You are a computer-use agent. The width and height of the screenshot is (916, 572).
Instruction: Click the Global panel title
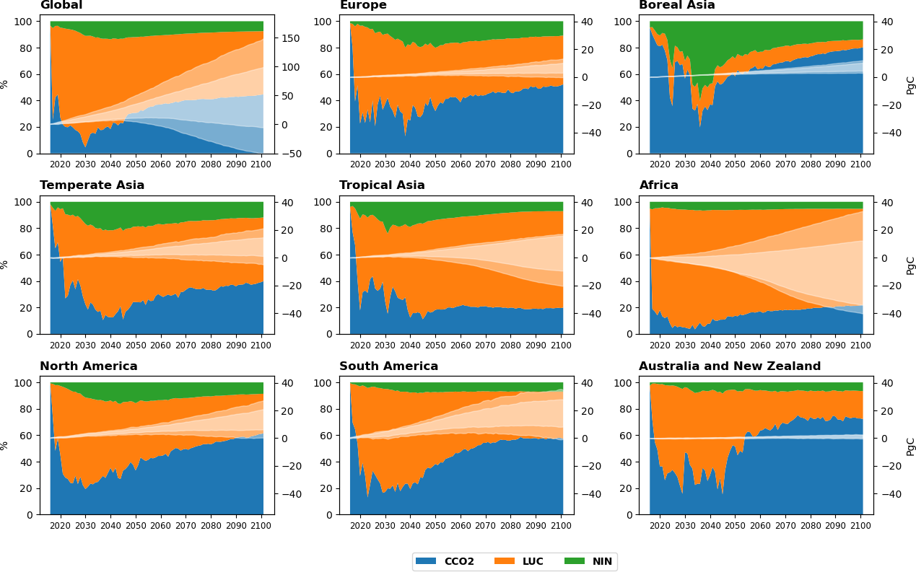pyautogui.click(x=61, y=5)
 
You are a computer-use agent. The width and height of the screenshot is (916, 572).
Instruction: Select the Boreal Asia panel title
pyautogui.click(x=676, y=5)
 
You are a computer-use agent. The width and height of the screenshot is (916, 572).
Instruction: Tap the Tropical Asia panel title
pyautogui.click(x=382, y=185)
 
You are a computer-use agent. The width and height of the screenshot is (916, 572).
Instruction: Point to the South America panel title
pyautogui.click(x=388, y=366)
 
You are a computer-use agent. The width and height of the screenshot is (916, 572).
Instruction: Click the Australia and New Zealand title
pyautogui.click(x=730, y=366)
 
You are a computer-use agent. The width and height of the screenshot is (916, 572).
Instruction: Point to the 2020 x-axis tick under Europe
pyautogui.click(x=360, y=164)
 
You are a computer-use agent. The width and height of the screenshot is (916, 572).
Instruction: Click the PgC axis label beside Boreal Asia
pyautogui.click(x=910, y=84)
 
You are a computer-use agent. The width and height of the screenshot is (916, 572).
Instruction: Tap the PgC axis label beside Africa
pyautogui.click(x=910, y=265)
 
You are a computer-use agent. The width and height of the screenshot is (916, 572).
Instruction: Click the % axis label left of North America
pyautogui.click(x=4, y=446)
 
